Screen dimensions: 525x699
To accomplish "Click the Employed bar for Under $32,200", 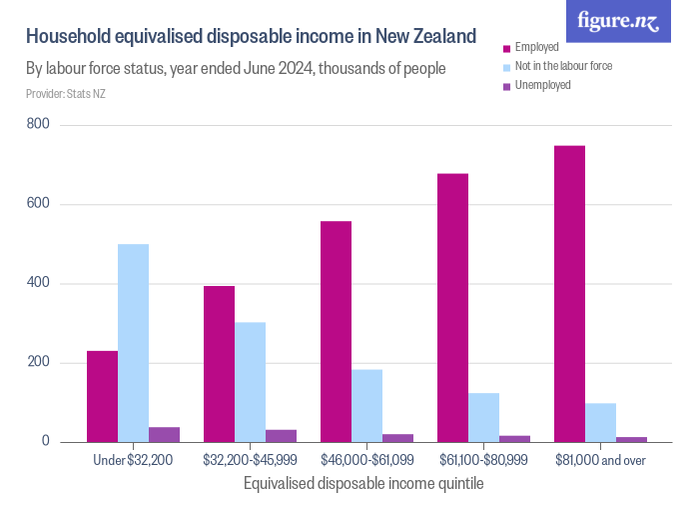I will pos(102,396).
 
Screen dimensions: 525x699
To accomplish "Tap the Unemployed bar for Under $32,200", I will pos(164,434).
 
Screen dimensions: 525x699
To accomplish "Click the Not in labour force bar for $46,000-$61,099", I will pos(366,406).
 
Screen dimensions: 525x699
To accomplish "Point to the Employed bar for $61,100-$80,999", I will pos(452,308).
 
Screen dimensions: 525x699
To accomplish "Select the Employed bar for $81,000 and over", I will pos(569,294).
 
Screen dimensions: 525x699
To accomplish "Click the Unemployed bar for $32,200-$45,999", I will pos(281,436).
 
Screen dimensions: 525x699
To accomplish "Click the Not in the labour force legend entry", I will pos(562,66).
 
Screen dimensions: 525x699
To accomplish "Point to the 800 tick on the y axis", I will pos(39,125).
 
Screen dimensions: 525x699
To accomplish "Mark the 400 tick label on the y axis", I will pos(39,283).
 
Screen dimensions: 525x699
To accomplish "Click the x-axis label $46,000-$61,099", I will pos(366,460).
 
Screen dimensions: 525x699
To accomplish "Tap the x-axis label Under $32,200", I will pos(133,460).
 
